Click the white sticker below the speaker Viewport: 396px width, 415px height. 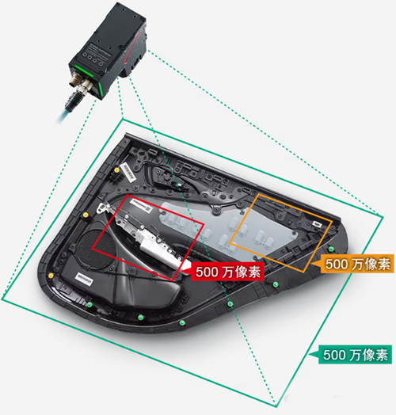click(85, 276)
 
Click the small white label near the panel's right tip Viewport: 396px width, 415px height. click(318, 225)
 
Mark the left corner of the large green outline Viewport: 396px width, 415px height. click(3, 300)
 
